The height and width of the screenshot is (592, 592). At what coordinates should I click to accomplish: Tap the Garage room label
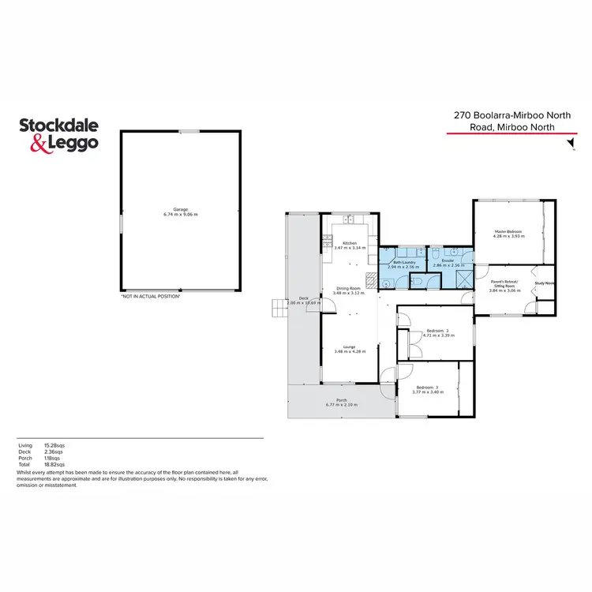click(180, 209)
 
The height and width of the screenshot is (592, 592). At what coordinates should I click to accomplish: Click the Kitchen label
click(350, 243)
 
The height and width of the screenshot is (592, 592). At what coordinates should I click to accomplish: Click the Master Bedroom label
click(508, 230)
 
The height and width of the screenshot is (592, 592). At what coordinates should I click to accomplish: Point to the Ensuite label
click(448, 260)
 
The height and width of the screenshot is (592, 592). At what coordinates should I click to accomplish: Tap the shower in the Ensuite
click(463, 278)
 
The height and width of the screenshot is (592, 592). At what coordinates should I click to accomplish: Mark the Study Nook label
click(545, 283)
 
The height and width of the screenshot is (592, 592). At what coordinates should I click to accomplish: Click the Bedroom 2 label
click(437, 330)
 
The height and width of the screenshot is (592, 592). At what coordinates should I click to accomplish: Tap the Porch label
click(341, 399)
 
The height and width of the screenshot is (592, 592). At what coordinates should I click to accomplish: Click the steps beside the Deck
click(278, 308)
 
